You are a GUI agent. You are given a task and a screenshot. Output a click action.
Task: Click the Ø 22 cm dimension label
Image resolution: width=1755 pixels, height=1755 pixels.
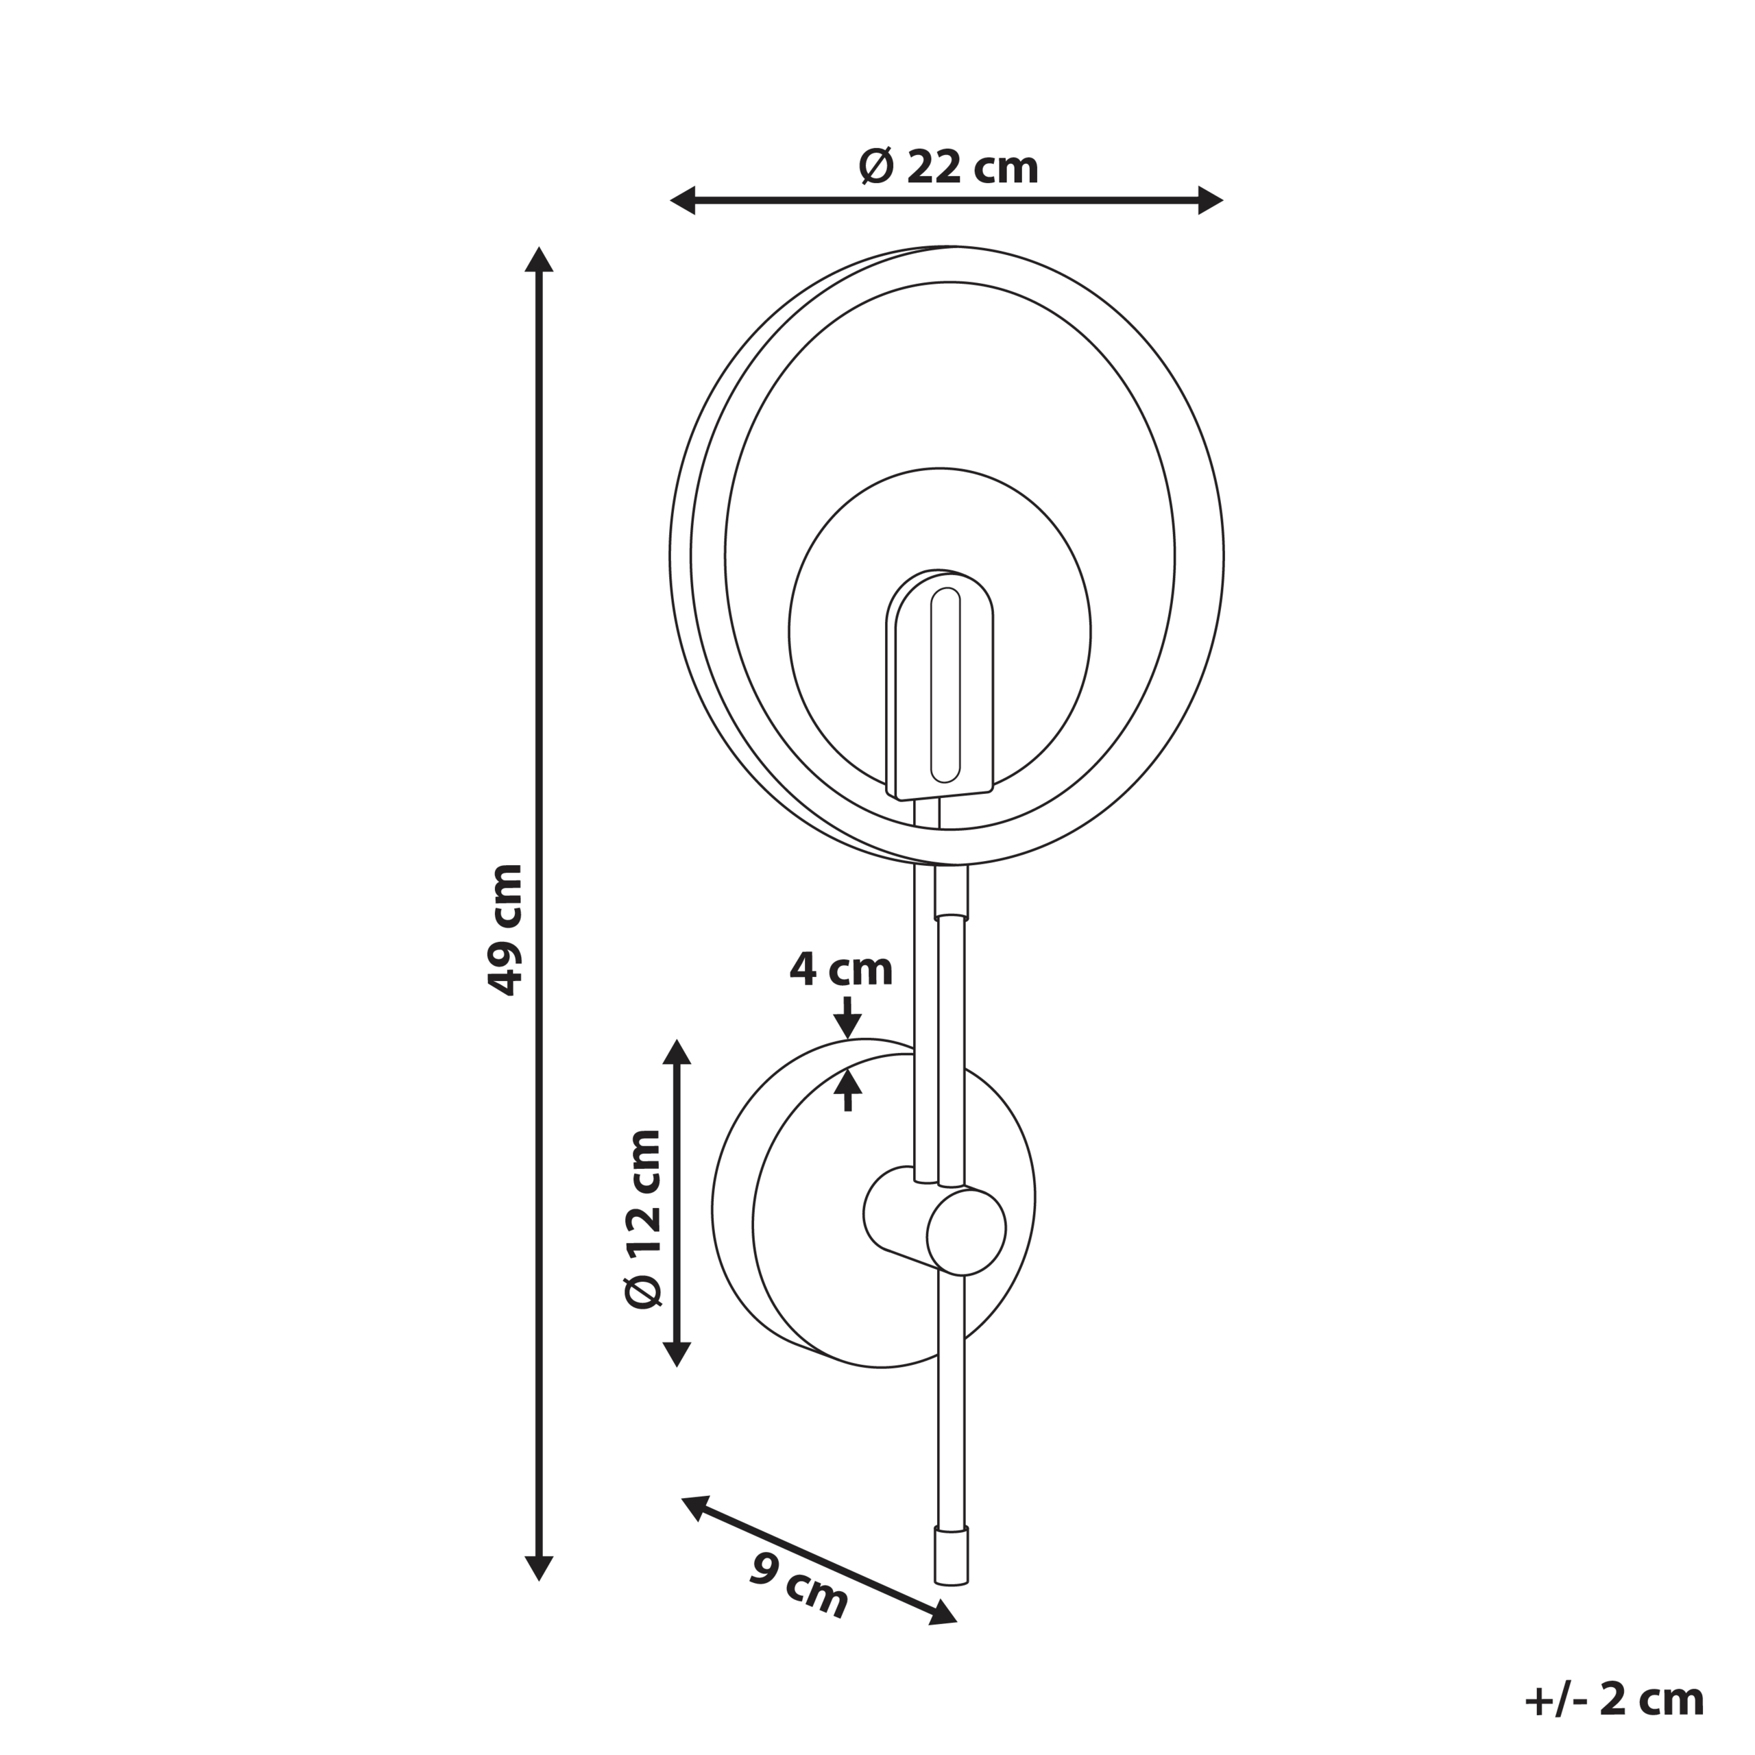(x=947, y=167)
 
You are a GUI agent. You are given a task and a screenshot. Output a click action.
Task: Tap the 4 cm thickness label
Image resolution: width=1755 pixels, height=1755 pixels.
(x=841, y=969)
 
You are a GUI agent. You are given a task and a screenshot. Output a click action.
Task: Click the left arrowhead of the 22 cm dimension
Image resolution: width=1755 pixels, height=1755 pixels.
(x=683, y=200)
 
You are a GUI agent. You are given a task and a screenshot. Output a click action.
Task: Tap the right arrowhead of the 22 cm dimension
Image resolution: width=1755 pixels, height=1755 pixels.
(x=1210, y=200)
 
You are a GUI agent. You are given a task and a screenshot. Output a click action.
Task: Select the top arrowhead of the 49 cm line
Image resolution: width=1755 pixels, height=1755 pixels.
(x=539, y=260)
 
